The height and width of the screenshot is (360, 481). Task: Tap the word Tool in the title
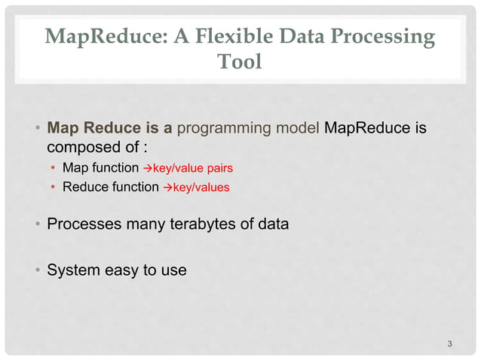coord(240,62)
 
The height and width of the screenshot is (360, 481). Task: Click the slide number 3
coord(449,345)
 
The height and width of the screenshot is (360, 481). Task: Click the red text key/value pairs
coord(193,167)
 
